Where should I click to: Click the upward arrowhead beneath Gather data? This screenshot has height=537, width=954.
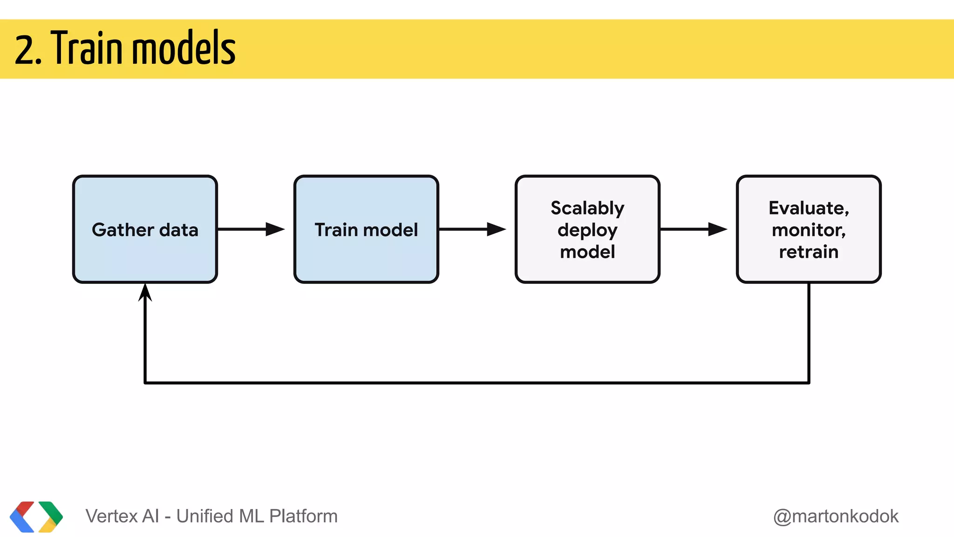(x=145, y=293)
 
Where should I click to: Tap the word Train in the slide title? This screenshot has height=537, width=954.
(x=88, y=48)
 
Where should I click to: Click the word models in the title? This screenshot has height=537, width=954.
(x=184, y=48)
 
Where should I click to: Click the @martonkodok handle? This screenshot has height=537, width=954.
(x=836, y=516)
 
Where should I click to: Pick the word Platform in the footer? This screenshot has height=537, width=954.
(x=303, y=516)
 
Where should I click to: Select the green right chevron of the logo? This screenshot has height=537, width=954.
(x=53, y=513)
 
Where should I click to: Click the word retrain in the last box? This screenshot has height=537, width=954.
(x=809, y=252)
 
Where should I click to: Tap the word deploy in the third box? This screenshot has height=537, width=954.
(x=587, y=230)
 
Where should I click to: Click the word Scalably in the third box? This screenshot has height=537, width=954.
(x=587, y=208)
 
